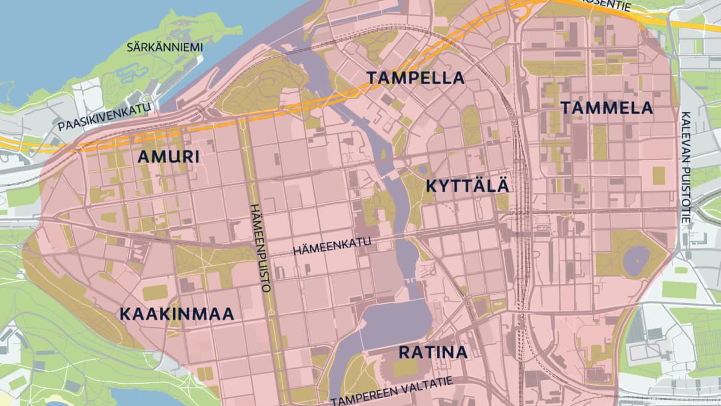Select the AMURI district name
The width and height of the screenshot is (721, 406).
pos(169,157)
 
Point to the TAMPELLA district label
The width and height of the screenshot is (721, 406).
pos(416,78)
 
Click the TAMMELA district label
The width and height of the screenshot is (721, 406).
pos(607,108)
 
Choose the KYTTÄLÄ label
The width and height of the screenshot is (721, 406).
pos(467,186)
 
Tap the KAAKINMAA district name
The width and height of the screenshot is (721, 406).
pos(176,314)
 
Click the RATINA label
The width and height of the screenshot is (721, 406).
pos(433,352)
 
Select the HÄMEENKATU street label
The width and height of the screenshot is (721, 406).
pos(332,247)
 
